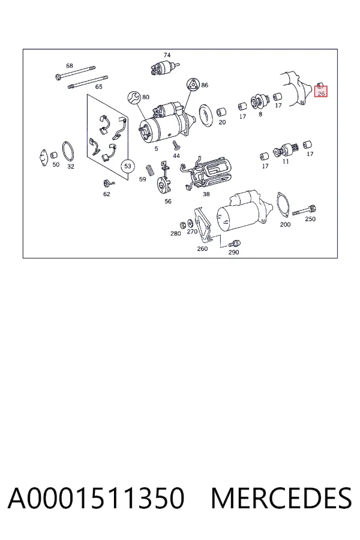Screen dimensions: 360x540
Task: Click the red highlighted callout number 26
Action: [321, 94]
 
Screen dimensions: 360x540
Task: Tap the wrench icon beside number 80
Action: [134, 97]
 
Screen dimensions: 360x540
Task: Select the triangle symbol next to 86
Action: [194, 85]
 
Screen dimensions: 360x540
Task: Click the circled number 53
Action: [127, 166]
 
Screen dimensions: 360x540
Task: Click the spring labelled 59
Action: [150, 170]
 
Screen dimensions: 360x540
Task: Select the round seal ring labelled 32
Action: [68, 151]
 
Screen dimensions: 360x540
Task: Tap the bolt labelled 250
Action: [305, 211]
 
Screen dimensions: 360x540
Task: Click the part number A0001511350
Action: [96, 498]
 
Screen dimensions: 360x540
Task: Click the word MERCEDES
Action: [281, 498]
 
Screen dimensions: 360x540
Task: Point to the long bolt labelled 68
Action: [76, 73]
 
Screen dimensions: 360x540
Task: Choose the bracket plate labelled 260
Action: [202, 225]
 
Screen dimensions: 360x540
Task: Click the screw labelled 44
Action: [176, 145]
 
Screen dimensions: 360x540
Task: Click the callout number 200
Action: [285, 224]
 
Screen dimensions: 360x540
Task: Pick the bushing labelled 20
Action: [221, 112]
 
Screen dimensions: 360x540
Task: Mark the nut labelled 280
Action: [184, 224]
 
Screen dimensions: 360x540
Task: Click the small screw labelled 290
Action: [235, 244]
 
